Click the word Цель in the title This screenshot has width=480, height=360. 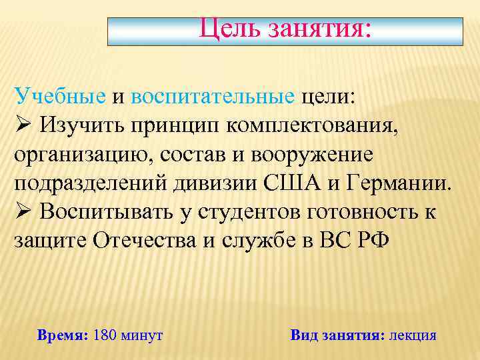pyautogui.click(x=231, y=29)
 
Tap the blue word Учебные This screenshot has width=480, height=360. pyautogui.click(x=60, y=97)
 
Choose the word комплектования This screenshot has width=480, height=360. pyautogui.click(x=317, y=125)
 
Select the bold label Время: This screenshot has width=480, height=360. pyautogui.click(x=63, y=335)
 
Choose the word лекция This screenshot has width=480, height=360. pyautogui.click(x=413, y=335)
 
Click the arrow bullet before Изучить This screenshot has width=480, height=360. pyautogui.click(x=22, y=125)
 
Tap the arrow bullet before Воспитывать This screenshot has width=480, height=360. pyautogui.click(x=22, y=211)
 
